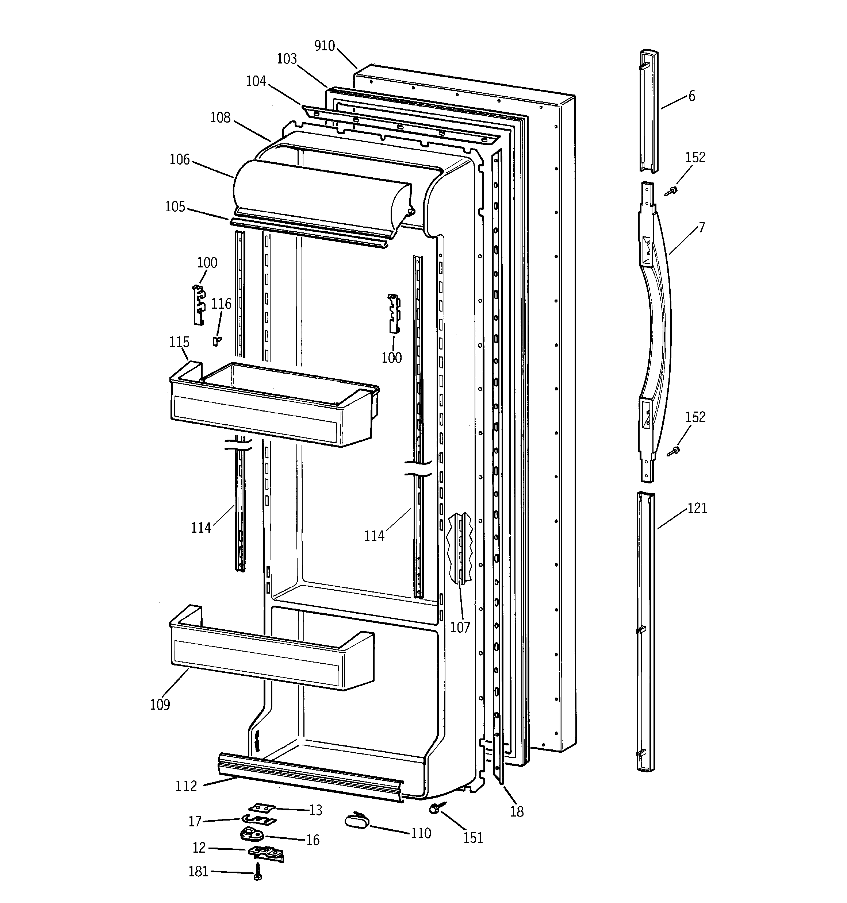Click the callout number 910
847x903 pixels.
coord(324,46)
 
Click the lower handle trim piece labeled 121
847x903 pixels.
coord(645,632)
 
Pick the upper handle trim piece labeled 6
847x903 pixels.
coord(649,111)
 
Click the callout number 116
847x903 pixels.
coord(221,304)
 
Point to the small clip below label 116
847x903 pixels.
coord(217,341)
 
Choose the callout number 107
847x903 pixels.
coord(460,627)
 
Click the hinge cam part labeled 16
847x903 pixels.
coord(249,834)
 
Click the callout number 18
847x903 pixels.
coord(517,812)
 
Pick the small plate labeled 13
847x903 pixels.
coord(262,808)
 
